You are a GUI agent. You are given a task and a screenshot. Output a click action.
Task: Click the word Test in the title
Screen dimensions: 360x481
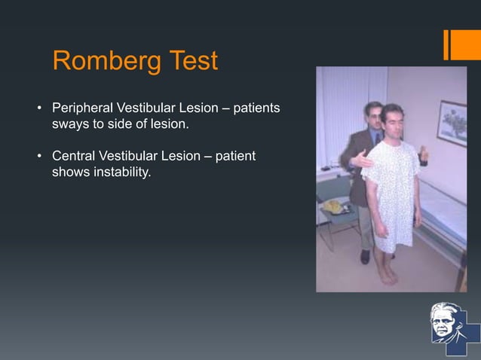pyautogui.click(x=191, y=61)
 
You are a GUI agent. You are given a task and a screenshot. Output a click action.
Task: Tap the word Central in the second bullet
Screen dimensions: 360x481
pyautogui.click(x=73, y=156)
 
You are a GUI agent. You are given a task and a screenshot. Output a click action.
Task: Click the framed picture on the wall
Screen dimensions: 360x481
pyautogui.click(x=452, y=123)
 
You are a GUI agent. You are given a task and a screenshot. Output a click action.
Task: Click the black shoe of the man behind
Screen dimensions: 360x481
pyautogui.click(x=366, y=256)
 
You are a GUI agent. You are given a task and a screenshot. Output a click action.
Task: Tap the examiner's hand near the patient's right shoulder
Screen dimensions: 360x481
pyautogui.click(x=365, y=159)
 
